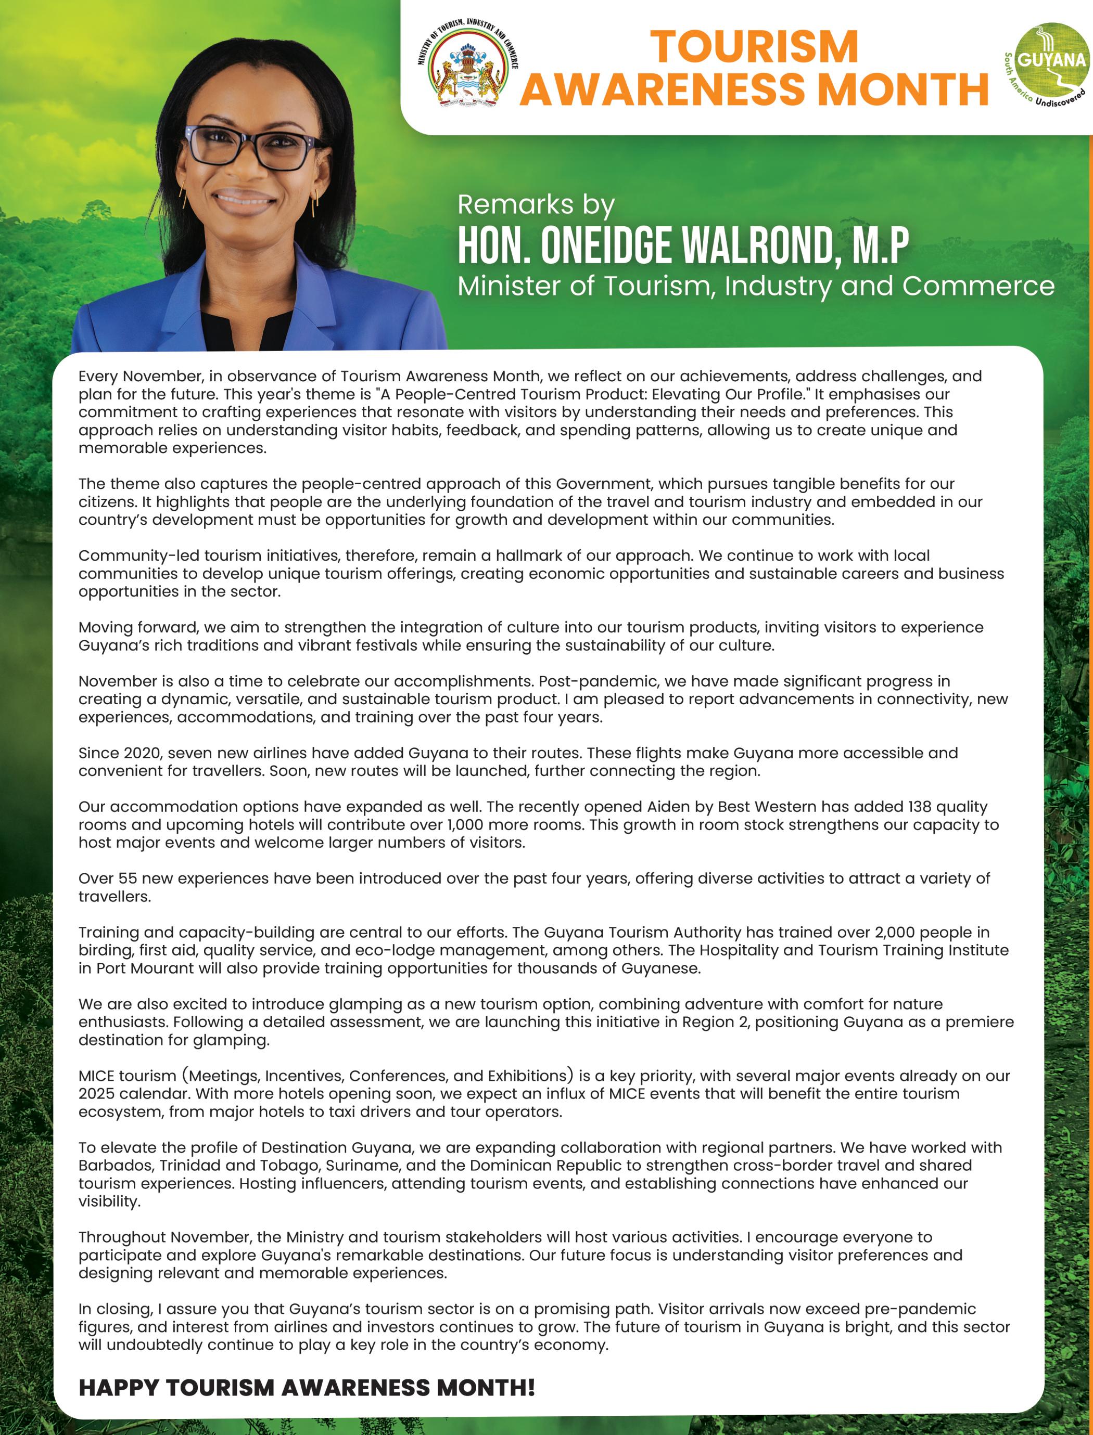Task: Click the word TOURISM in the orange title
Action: point(754,47)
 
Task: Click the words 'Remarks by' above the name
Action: point(536,204)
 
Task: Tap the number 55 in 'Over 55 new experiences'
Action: point(128,878)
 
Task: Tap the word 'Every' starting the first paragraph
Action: point(98,377)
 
